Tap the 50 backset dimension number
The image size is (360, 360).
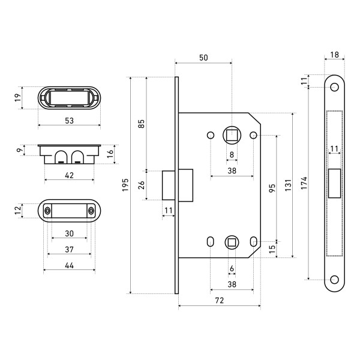tap(203, 57)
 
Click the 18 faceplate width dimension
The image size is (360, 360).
tap(334, 55)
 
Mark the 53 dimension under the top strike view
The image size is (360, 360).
tap(69, 121)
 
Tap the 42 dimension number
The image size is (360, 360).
tap(69, 175)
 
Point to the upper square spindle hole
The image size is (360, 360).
tap(231, 134)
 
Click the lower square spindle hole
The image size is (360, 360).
tap(231, 242)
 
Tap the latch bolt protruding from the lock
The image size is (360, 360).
tap(169, 185)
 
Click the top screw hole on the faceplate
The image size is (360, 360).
tap(334, 88)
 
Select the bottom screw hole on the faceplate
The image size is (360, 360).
tap(334, 280)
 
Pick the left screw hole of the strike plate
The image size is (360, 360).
tap(47, 211)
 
